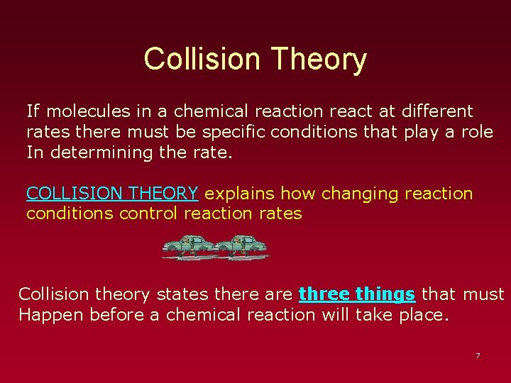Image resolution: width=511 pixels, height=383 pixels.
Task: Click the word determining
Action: click(x=99, y=152)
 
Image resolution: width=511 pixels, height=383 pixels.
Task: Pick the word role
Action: click(x=476, y=132)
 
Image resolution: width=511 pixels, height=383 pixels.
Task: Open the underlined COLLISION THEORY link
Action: click(x=112, y=194)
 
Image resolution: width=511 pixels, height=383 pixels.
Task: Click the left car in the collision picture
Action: click(x=188, y=246)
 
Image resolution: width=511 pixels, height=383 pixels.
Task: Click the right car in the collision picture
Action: click(x=241, y=246)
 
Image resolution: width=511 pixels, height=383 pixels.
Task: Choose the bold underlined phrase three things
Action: click(x=356, y=294)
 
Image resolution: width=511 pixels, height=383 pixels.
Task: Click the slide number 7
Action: click(x=478, y=355)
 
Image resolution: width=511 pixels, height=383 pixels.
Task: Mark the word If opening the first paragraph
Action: click(x=33, y=111)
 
